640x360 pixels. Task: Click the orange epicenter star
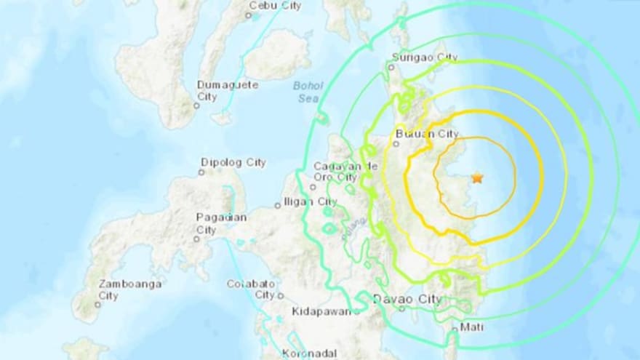(477, 177)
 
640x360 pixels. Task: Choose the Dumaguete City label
(228, 90)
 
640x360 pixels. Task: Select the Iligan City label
(311, 201)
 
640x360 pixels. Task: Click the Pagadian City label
(222, 223)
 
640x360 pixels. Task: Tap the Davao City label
(407, 298)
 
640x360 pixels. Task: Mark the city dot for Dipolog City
(201, 172)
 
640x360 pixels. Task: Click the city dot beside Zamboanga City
(97, 305)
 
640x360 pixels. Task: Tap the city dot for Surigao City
(390, 67)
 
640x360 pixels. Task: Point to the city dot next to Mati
(454, 329)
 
